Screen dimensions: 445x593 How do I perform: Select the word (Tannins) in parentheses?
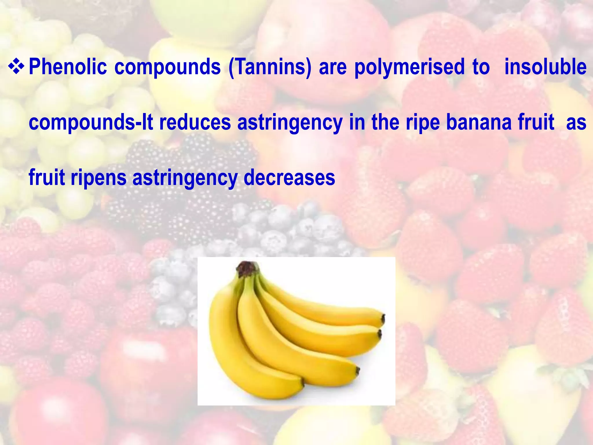(270, 67)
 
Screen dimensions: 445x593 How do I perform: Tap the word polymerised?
(409, 67)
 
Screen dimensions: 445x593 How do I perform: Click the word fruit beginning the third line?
(47, 178)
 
